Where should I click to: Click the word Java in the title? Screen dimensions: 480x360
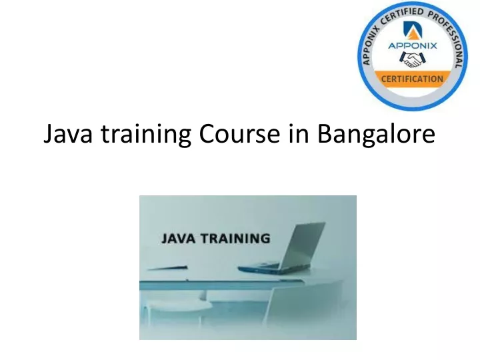[68, 133]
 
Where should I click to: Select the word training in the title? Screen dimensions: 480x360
[146, 135]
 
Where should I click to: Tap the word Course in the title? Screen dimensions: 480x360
[239, 133]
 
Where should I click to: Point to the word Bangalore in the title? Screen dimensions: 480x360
[376, 135]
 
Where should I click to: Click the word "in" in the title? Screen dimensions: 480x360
[299, 133]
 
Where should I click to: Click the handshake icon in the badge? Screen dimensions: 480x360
[413, 59]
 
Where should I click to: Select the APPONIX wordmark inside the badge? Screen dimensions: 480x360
[413, 45]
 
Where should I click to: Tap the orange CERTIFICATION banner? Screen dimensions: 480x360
[413, 79]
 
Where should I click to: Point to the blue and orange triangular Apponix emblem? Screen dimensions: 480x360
[413, 30]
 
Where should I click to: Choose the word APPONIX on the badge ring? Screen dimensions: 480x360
[370, 45]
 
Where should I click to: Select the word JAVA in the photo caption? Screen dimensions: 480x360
[178, 239]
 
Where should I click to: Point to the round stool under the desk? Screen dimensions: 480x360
[177, 305]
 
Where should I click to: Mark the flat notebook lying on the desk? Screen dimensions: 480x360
[168, 268]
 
